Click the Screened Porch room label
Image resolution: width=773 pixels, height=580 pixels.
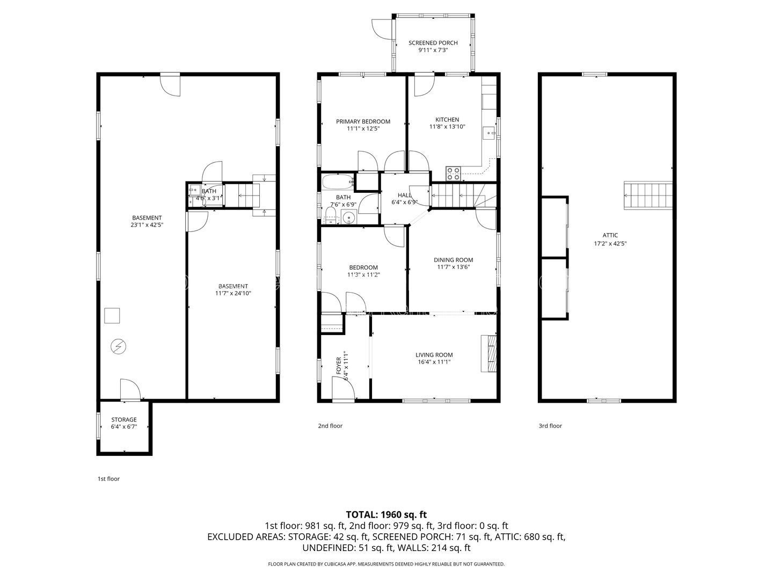(x=433, y=42)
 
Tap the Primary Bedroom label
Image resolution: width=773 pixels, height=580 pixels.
(x=363, y=121)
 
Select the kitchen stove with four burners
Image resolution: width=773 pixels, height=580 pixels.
(x=453, y=173)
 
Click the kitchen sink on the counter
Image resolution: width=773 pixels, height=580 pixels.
(x=489, y=133)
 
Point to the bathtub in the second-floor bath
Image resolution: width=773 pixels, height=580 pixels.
(x=337, y=182)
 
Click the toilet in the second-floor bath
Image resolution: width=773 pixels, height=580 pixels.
(x=330, y=215)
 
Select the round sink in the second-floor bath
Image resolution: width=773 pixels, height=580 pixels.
(x=349, y=217)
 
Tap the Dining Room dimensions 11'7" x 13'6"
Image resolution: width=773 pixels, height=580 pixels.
(x=453, y=267)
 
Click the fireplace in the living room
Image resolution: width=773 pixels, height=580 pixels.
(x=488, y=353)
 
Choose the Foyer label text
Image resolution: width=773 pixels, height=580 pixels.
(x=338, y=366)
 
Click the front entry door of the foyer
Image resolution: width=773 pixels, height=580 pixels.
(x=344, y=388)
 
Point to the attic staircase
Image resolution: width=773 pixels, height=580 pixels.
(x=648, y=195)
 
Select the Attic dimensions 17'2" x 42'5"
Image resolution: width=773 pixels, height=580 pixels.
(x=610, y=243)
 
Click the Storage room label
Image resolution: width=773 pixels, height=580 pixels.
(x=123, y=419)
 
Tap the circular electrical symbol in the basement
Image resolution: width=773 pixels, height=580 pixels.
(x=118, y=346)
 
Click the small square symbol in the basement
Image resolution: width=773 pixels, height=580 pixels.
(x=112, y=316)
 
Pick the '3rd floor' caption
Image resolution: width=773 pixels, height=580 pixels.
(x=550, y=426)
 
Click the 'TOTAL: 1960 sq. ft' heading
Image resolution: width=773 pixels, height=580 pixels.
(x=386, y=514)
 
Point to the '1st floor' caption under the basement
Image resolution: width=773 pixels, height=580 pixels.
(x=108, y=479)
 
